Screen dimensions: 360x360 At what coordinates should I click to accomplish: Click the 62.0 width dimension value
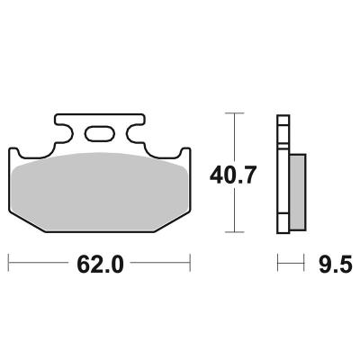click(x=100, y=264)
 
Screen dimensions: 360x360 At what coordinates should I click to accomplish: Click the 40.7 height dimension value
click(x=233, y=175)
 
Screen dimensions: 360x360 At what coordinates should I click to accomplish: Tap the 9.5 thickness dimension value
click(x=335, y=265)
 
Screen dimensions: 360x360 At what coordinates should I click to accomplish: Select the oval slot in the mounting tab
click(x=99, y=133)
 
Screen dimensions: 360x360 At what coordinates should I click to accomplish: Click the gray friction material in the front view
click(x=99, y=192)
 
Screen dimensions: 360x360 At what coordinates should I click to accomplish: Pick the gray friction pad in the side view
click(x=298, y=192)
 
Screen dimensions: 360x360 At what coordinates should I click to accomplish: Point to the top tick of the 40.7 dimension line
click(x=234, y=113)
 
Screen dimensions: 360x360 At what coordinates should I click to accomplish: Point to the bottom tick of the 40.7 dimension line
click(x=234, y=232)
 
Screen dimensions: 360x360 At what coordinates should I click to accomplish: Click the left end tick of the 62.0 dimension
click(x=8, y=263)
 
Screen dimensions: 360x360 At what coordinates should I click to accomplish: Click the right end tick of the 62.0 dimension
click(x=190, y=263)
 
